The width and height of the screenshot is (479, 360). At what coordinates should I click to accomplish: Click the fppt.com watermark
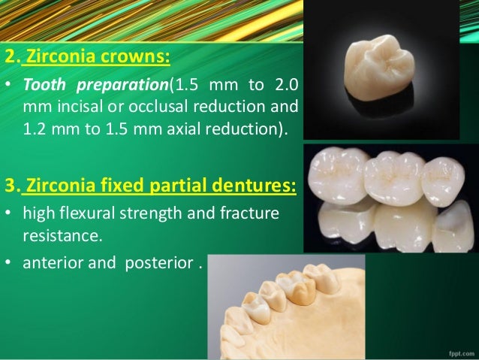pyautogui.click(x=459, y=351)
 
